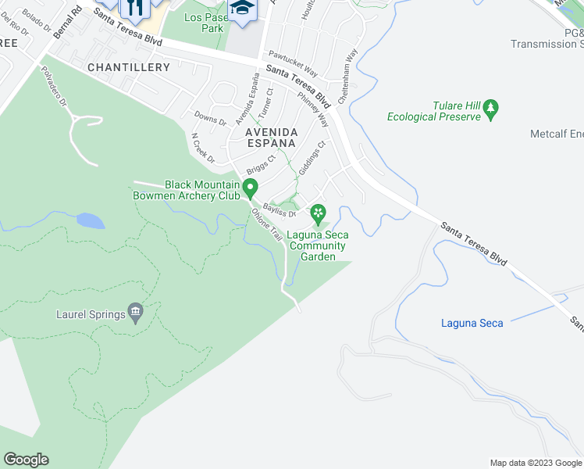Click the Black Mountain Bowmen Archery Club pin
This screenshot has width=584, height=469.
(250, 188)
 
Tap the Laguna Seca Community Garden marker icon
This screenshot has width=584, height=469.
(318, 213)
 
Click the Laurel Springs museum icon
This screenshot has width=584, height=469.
(136, 314)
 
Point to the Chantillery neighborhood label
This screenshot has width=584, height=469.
(129, 68)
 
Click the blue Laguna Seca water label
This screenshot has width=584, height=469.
(472, 323)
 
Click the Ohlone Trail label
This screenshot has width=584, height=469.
(265, 224)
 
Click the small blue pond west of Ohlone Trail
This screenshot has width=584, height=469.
(90, 220)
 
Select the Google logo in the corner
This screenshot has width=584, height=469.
(26, 460)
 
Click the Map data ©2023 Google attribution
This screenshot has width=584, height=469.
(535, 463)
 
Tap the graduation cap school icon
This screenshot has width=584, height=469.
(243, 10)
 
